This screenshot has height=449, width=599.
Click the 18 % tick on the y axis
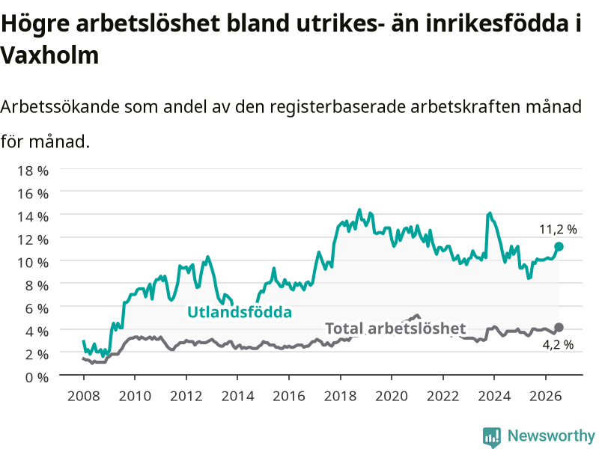point(33,171)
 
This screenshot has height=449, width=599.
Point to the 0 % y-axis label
point(37,377)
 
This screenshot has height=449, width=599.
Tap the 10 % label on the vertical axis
point(33,263)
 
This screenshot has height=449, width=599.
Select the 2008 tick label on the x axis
point(84,396)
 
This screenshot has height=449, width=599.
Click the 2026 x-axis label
point(546,396)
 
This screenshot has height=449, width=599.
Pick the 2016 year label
point(289,396)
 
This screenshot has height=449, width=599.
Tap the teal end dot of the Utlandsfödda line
point(559,247)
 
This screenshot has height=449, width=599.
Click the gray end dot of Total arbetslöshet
point(559,327)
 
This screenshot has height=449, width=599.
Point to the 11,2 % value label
point(558,230)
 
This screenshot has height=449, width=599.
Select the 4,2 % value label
point(558,345)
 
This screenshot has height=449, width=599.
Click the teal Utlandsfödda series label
point(240,312)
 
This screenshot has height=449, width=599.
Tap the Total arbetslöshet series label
point(395,329)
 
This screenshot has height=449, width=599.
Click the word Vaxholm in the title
point(49,55)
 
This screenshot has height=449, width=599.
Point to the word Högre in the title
point(35,25)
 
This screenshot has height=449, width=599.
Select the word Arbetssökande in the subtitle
point(60,106)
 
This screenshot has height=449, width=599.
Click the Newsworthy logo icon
point(492,437)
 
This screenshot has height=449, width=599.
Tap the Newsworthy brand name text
point(551,436)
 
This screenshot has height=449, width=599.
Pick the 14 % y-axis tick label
point(33,217)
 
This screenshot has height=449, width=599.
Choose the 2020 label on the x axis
point(392,396)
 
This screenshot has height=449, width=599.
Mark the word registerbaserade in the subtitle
point(336,107)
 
